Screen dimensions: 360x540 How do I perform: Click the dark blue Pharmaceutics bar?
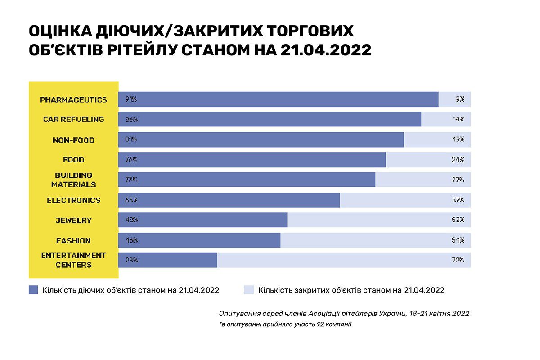click(278, 99)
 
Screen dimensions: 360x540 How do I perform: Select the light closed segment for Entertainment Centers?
click(344, 260)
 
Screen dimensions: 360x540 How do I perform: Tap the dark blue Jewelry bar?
click(202, 220)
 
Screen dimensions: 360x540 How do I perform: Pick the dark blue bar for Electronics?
click(229, 200)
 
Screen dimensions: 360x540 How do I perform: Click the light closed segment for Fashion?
click(375, 240)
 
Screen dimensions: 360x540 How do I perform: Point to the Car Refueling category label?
click(73, 119)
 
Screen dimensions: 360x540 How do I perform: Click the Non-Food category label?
click(73, 140)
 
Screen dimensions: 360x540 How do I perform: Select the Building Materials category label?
click(73, 180)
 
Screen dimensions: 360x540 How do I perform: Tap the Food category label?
click(73, 160)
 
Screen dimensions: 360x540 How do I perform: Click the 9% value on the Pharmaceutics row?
click(459, 99)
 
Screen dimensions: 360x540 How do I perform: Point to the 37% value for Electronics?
click(458, 200)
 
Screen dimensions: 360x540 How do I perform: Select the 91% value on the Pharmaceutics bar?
click(131, 99)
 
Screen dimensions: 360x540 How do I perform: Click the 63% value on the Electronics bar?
click(131, 200)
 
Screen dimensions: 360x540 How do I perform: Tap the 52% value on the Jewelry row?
click(458, 220)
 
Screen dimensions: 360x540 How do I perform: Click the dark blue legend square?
click(33, 290)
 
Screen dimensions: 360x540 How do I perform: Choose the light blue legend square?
click(248, 290)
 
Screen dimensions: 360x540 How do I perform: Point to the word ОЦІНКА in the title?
click(60, 31)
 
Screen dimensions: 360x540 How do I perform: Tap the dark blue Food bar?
click(252, 160)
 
